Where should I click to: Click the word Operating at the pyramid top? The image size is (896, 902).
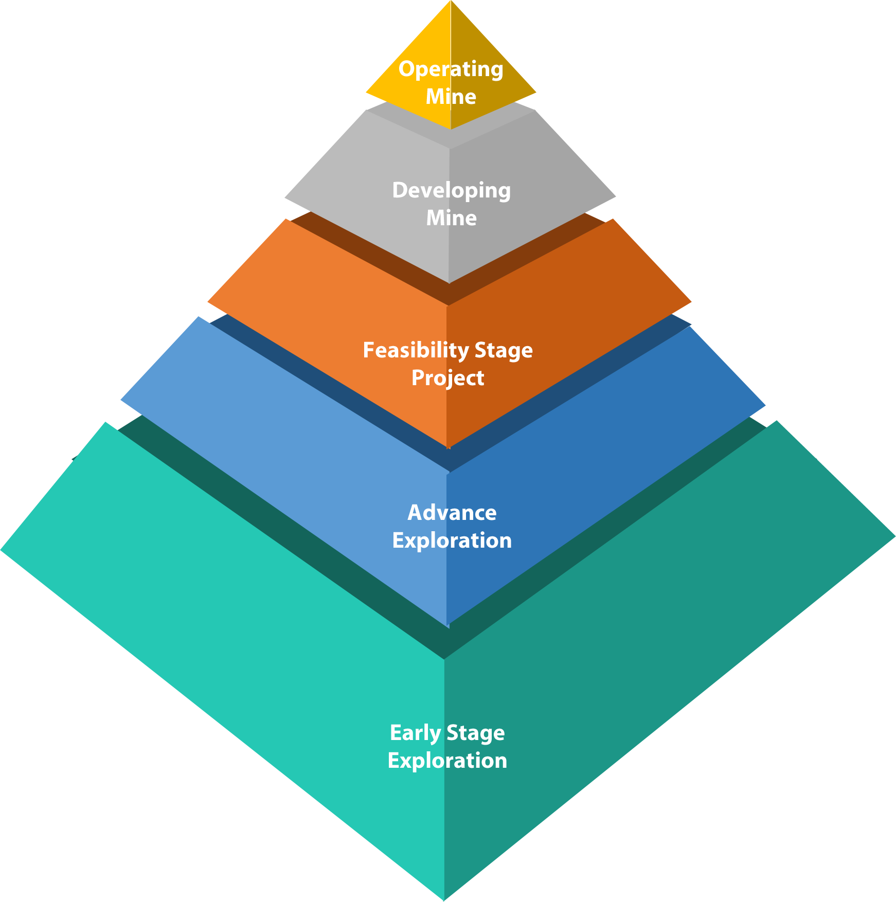click(451, 69)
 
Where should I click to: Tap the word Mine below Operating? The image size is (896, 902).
click(451, 97)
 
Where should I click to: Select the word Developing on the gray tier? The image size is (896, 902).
click(451, 191)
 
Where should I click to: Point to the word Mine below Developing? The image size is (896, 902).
click(451, 218)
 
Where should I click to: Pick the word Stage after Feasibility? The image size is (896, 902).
click(503, 351)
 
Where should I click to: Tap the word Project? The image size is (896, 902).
click(447, 378)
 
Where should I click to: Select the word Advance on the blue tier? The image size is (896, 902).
click(452, 513)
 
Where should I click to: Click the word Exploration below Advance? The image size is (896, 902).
click(452, 540)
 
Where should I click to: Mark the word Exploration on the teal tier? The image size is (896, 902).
click(447, 761)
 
